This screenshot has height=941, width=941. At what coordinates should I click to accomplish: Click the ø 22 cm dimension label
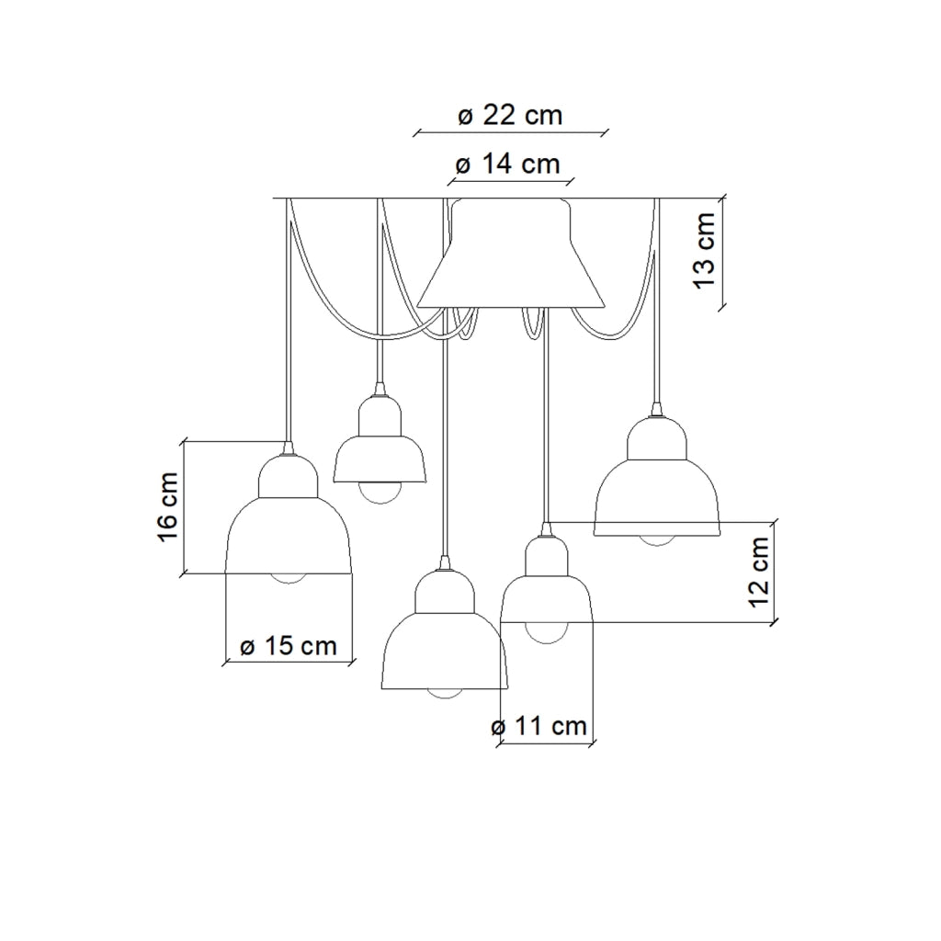[510, 115]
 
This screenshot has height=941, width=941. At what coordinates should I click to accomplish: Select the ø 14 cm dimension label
[507, 164]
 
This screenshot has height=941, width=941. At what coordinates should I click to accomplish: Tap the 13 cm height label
[705, 250]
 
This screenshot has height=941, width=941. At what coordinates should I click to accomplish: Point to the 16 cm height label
[169, 507]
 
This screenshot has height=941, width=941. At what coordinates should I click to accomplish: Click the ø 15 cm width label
[288, 646]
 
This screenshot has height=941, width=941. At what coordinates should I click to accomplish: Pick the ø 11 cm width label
[539, 726]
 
